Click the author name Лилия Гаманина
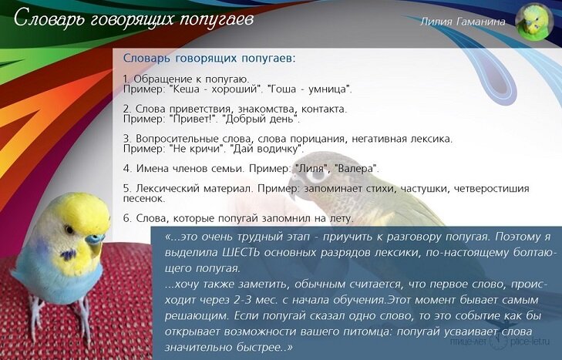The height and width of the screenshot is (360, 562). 463,22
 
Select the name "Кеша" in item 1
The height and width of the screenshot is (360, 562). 186,89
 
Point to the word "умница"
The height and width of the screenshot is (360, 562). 328,89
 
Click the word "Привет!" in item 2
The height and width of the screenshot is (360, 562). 194,119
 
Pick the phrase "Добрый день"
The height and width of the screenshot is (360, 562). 260,119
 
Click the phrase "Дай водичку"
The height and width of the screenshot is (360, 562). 266,149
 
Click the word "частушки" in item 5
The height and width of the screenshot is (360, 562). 425,188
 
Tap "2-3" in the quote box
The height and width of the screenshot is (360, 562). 242,299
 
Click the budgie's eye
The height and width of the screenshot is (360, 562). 69,229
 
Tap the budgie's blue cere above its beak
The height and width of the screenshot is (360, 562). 94,239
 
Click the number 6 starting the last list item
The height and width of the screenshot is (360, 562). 126,218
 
